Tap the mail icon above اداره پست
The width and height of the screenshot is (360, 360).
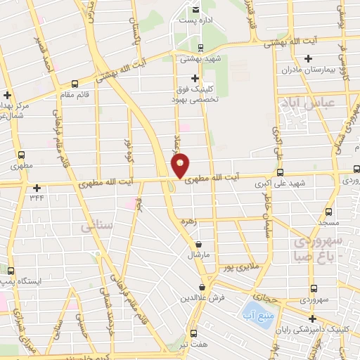point(195,9)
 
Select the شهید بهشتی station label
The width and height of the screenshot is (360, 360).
point(201,60)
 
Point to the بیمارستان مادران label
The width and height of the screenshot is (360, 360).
point(300,71)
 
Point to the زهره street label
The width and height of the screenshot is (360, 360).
point(187,221)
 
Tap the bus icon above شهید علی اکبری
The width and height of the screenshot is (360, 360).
point(281,173)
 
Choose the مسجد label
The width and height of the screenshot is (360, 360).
point(328,222)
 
